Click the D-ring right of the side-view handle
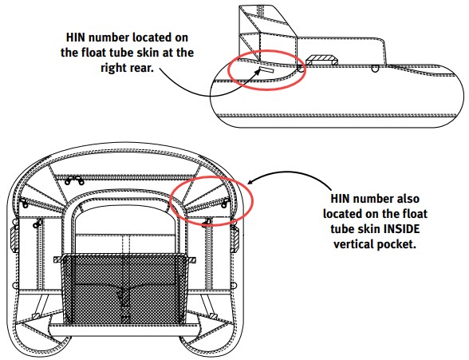pyautogui.click(x=374, y=68)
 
